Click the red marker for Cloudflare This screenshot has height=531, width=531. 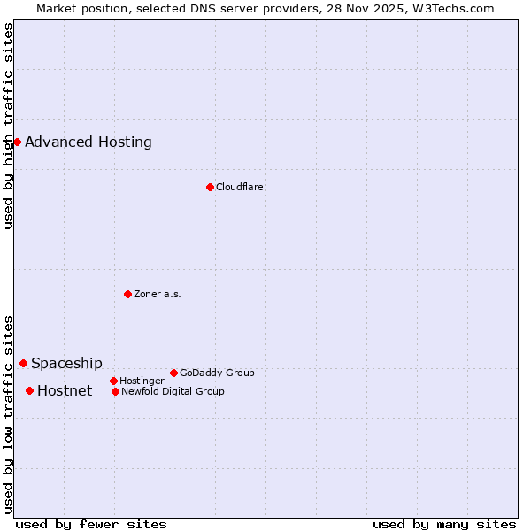[210, 187]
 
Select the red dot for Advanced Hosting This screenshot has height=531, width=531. [17, 142]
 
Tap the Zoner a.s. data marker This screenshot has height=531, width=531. [127, 294]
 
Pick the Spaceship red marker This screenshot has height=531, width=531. [23, 363]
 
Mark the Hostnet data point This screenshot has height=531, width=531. [29, 390]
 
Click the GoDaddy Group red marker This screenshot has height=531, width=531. [173, 373]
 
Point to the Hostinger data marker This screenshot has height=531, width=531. [113, 381]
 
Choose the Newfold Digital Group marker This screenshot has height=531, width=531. [115, 391]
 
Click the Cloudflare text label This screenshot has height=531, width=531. [239, 187]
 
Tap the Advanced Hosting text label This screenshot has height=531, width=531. [88, 142]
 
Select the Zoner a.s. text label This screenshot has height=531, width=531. [158, 294]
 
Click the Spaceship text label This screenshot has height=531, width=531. [66, 363]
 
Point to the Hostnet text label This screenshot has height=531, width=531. [65, 390]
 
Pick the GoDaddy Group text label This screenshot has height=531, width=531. [217, 373]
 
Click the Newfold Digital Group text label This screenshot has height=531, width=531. [173, 391]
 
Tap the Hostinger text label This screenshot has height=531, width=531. [142, 381]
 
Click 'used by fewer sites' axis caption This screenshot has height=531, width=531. [91, 524]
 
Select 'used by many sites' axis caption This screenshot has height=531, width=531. [444, 524]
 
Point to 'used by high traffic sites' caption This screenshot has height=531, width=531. [8, 126]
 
